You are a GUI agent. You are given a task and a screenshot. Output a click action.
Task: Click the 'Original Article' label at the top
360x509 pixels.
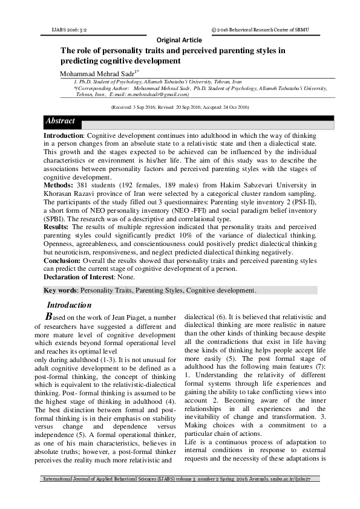point(179,40)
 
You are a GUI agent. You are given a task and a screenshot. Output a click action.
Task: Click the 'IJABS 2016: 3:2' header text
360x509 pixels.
point(68,29)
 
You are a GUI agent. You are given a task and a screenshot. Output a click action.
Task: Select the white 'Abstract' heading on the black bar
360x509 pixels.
point(61,122)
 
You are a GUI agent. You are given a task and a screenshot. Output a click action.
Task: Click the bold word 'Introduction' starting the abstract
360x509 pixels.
point(62,136)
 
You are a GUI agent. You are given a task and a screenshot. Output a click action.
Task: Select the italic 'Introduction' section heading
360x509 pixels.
point(69,305)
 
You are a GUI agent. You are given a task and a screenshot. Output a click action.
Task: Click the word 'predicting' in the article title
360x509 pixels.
point(82,61)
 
